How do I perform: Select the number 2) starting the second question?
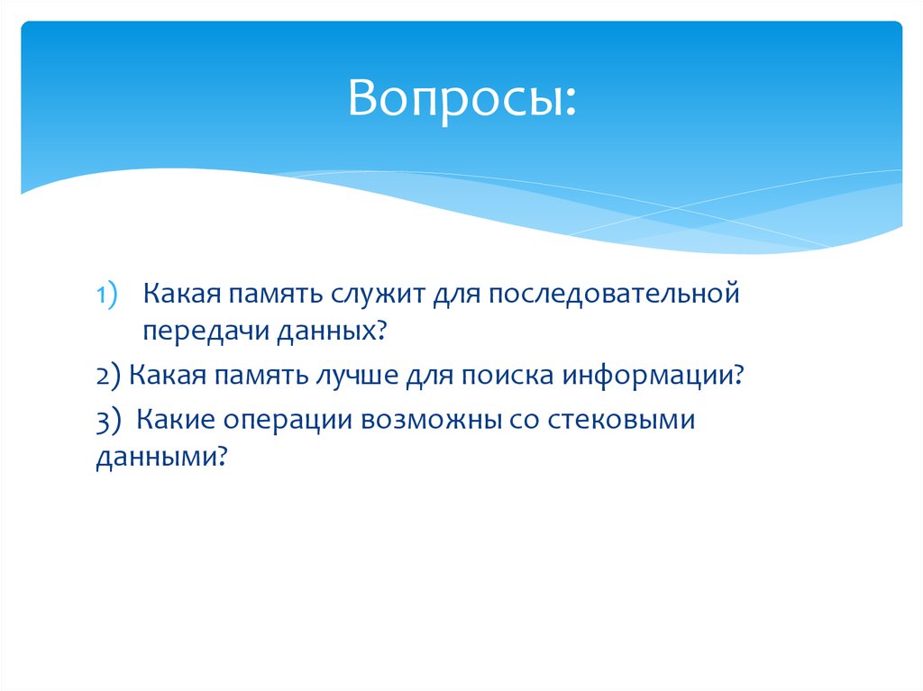tap(108, 375)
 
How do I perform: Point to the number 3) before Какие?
tap(108, 421)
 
